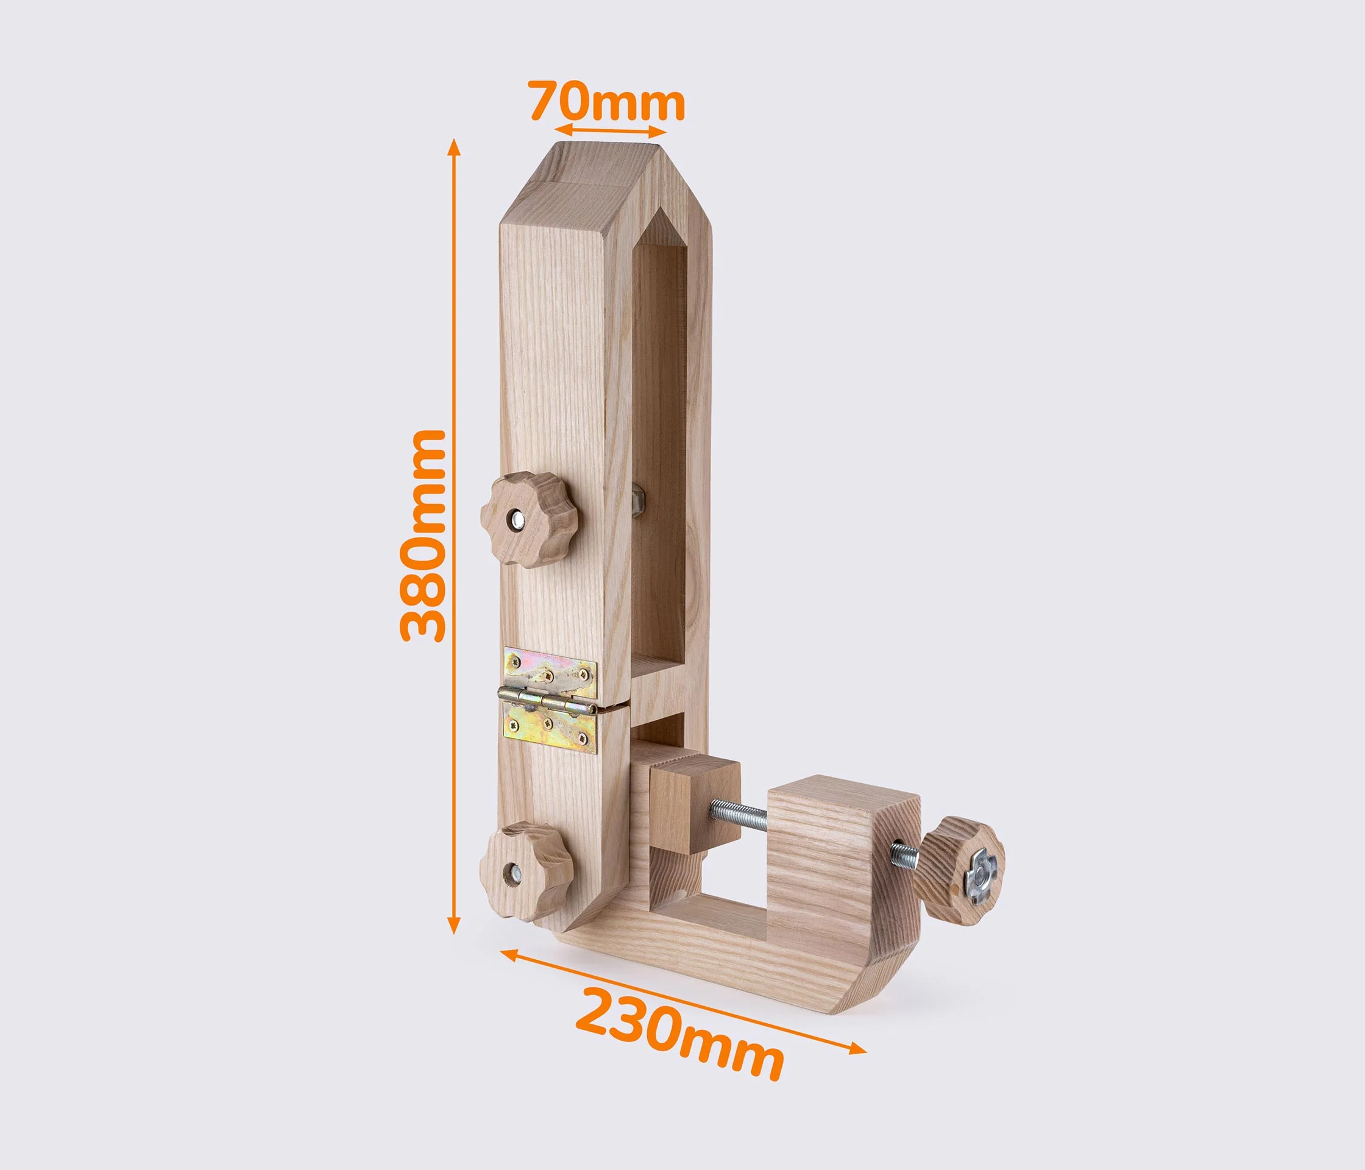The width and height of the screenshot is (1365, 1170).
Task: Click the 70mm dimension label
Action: pos(608,102)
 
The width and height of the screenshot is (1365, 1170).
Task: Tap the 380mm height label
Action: pos(423,535)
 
